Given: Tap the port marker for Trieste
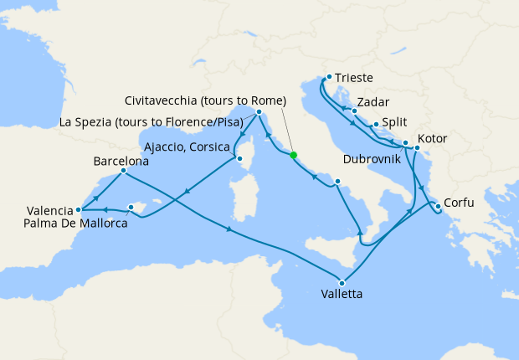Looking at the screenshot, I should (x=329, y=78).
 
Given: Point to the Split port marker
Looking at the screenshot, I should (x=376, y=126).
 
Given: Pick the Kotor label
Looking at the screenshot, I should (x=432, y=139).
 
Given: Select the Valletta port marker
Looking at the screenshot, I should (x=342, y=283).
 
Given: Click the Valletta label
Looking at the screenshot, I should (x=342, y=296).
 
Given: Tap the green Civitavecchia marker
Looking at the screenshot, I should (x=293, y=155).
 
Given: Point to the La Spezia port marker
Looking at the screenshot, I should (x=259, y=111).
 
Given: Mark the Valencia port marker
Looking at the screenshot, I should (x=78, y=210).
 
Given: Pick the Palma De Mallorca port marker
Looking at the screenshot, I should (x=131, y=207).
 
